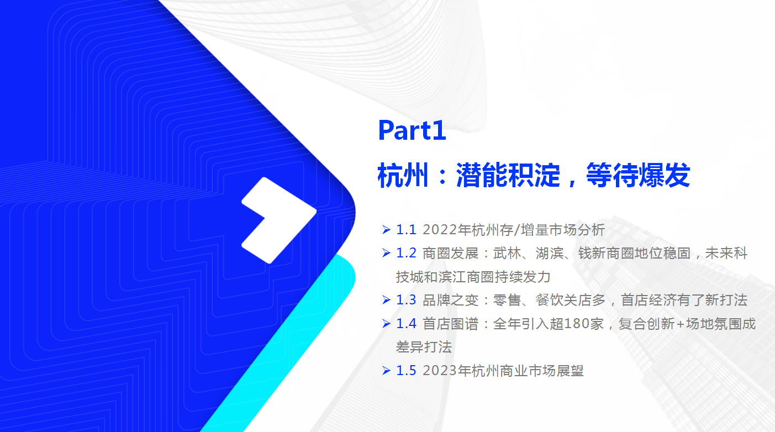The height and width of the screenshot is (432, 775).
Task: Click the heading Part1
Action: [412, 130]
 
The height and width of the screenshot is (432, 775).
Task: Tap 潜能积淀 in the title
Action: [508, 175]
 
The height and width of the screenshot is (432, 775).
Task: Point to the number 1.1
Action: [406, 230]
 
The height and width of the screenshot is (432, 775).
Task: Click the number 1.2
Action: [406, 253]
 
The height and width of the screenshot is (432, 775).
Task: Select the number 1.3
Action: [406, 300]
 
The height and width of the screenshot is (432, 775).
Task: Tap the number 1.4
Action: [406, 324]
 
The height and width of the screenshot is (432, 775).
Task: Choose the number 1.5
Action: [406, 371]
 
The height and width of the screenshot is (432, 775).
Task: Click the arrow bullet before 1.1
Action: [386, 230]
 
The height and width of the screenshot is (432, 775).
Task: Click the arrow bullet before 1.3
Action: [386, 300]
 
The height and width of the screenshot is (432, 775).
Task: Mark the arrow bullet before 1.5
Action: [386, 371]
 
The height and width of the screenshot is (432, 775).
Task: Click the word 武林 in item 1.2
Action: [507, 253]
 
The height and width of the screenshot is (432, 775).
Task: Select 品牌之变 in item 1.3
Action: [450, 300]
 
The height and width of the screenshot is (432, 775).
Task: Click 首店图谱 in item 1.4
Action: [450, 324]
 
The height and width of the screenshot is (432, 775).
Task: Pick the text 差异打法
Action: [424, 347]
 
